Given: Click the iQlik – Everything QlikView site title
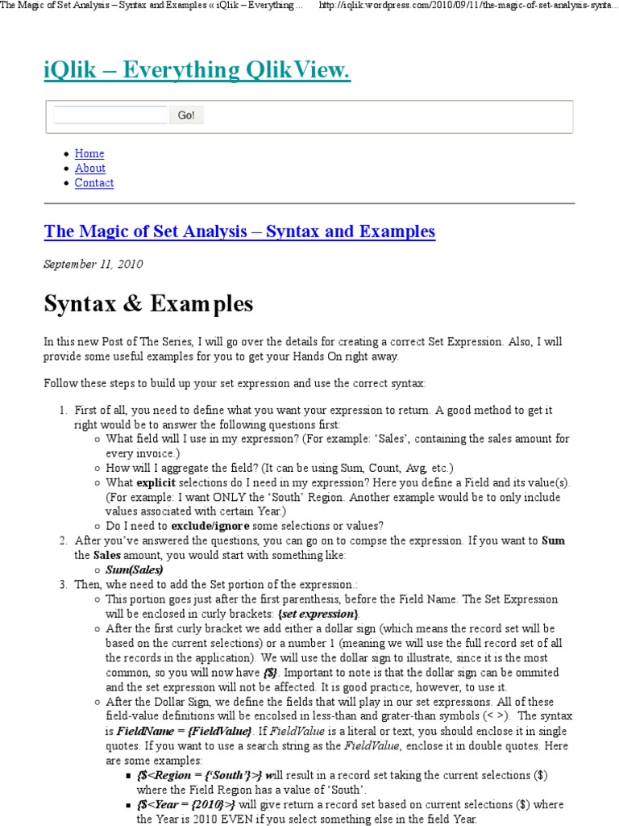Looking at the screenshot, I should point(197,72).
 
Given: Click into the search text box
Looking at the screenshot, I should point(110,115).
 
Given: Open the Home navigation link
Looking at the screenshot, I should point(89,153).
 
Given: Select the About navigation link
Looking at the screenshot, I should point(90,168).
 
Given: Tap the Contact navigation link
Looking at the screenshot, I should point(94,183).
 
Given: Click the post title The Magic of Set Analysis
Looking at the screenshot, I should point(239,232).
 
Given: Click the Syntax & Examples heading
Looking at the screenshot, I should point(148,304).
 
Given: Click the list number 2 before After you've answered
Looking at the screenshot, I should point(63,540).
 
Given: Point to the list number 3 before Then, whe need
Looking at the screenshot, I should point(63,584).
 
